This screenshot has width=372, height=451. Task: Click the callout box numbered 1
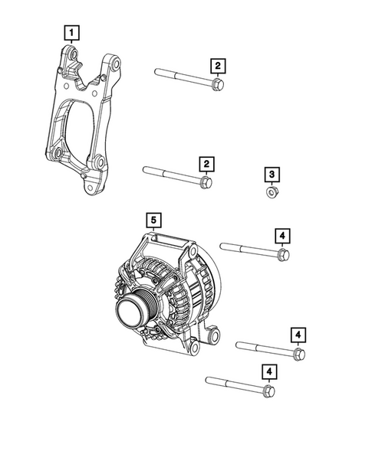click(x=71, y=33)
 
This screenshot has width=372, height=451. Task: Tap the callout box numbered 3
click(x=272, y=175)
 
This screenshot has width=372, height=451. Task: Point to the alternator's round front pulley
click(x=132, y=312)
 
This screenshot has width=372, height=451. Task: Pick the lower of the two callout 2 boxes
click(x=206, y=164)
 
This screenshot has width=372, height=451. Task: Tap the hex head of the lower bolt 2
click(x=206, y=181)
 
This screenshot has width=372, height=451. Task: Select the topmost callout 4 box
click(x=284, y=235)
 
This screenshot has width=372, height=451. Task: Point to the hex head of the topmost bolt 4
click(x=282, y=253)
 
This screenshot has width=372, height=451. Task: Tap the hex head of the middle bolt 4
click(x=298, y=353)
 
